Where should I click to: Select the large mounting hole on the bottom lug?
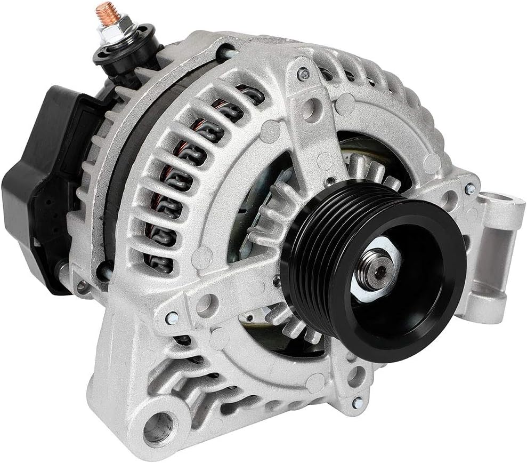(x=158, y=427)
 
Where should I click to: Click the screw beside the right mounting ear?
(x=469, y=188)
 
